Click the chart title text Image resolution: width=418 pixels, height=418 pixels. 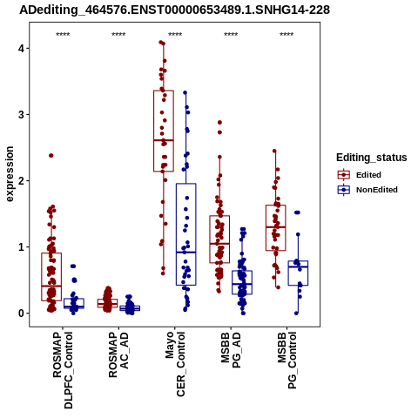tap(174, 10)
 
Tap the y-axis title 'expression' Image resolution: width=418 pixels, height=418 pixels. tap(10, 174)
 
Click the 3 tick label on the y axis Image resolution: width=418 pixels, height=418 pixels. tap(21, 114)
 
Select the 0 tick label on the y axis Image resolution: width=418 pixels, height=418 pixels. tap(21, 313)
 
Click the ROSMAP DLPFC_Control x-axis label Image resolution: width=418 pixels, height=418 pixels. tap(63, 370)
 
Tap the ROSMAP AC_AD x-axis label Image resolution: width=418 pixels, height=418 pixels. tap(118, 354)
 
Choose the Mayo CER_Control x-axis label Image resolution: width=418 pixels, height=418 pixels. tap(175, 364)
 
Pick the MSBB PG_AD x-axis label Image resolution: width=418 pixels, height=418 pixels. tap(231, 350)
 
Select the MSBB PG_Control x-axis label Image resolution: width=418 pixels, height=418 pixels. tap(287, 361)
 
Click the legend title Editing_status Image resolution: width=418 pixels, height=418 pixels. tap(372, 158)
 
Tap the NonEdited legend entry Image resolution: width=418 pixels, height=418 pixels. tap(367, 190)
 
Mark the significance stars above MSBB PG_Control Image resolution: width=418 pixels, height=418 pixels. tap(287, 35)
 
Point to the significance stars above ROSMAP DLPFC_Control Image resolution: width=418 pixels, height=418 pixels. tap(63, 35)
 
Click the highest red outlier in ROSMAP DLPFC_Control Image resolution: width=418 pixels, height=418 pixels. tap(51, 156)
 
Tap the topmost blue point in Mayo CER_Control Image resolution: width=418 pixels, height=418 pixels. tap(185, 93)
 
